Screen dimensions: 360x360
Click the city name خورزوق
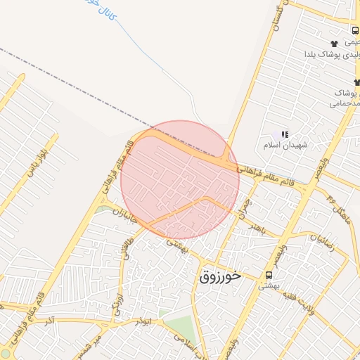tap(220, 276)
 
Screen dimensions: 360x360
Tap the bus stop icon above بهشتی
tap(269, 275)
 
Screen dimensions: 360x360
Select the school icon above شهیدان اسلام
tap(285, 134)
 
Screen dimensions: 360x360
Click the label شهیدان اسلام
tap(281, 146)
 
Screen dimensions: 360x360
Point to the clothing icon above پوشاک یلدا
tap(333, 44)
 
